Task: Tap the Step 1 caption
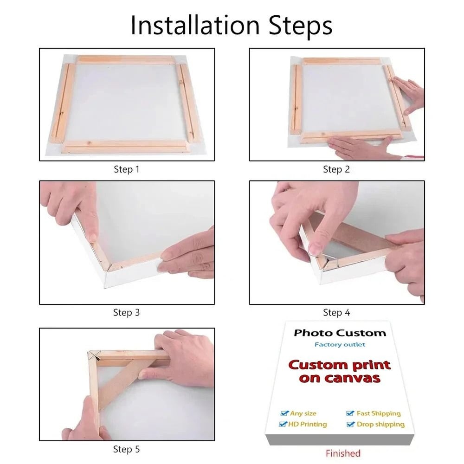pyautogui.click(x=126, y=169)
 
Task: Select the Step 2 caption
pyautogui.click(x=336, y=169)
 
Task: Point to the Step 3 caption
pyautogui.click(x=126, y=313)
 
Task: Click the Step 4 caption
pyautogui.click(x=336, y=313)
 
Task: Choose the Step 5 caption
pyautogui.click(x=126, y=449)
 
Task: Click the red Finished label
pyautogui.click(x=342, y=453)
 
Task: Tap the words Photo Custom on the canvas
pyautogui.click(x=340, y=333)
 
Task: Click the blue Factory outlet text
pyautogui.click(x=340, y=344)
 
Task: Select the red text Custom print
pyautogui.click(x=339, y=365)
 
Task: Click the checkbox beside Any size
pyautogui.click(x=284, y=413)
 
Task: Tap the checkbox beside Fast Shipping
pyautogui.click(x=350, y=413)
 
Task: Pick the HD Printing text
pyautogui.click(x=307, y=424)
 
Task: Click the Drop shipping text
pyautogui.click(x=380, y=424)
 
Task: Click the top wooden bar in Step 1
pyautogui.click(x=125, y=60)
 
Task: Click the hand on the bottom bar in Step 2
pyautogui.click(x=357, y=148)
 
